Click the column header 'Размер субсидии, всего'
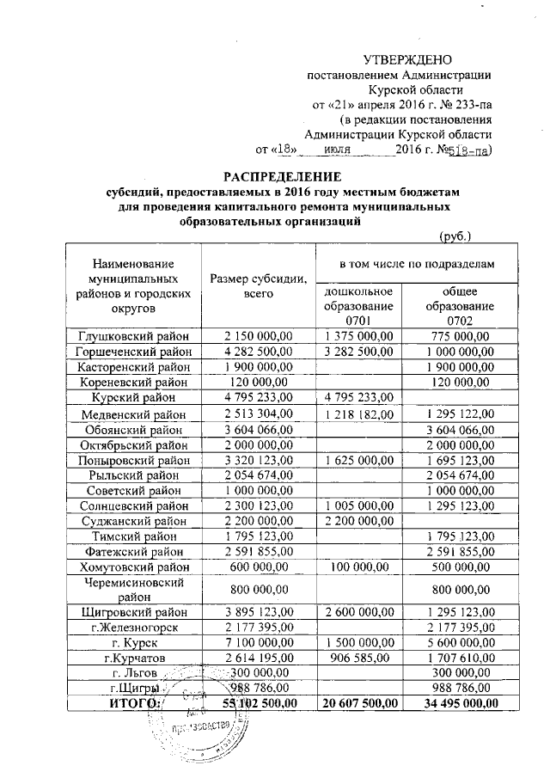point(258,286)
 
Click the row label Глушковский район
point(133,337)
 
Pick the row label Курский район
point(133,397)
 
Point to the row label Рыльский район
point(133,475)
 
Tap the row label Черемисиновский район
point(133,591)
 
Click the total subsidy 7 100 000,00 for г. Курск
point(258,643)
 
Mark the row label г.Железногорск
point(133,628)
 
